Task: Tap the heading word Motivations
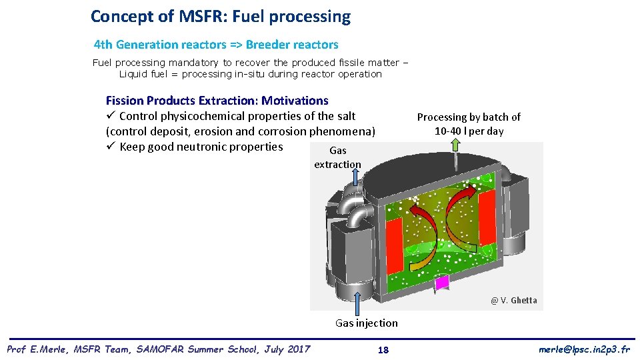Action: click(x=295, y=101)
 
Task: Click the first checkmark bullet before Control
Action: click(x=111, y=116)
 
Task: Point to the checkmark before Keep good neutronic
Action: click(x=111, y=147)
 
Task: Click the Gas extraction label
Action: click(x=337, y=157)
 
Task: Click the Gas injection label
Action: click(x=366, y=323)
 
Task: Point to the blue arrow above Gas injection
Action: click(x=359, y=303)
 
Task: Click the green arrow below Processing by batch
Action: click(x=455, y=152)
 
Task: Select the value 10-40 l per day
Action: click(x=469, y=131)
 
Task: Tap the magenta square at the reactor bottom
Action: click(x=442, y=283)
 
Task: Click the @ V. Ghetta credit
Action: click(x=513, y=300)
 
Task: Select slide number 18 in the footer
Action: click(x=383, y=350)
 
